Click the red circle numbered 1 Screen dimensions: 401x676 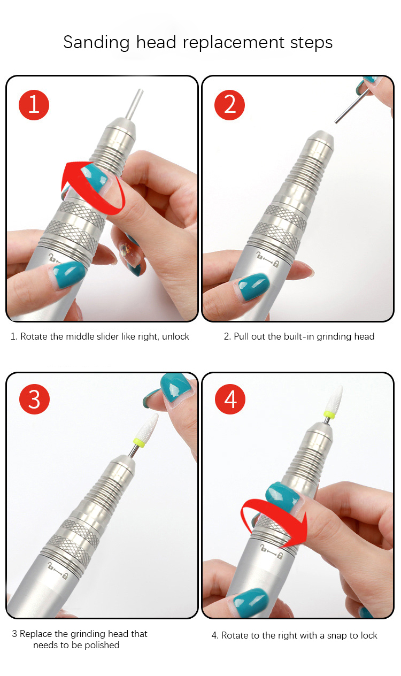[34, 105]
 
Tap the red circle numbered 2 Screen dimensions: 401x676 [229, 105]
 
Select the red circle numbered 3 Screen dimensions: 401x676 [34, 399]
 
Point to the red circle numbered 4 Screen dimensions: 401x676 [230, 399]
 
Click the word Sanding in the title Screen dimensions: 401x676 [97, 43]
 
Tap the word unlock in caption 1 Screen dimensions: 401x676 [175, 336]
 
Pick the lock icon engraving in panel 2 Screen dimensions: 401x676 [268, 259]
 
